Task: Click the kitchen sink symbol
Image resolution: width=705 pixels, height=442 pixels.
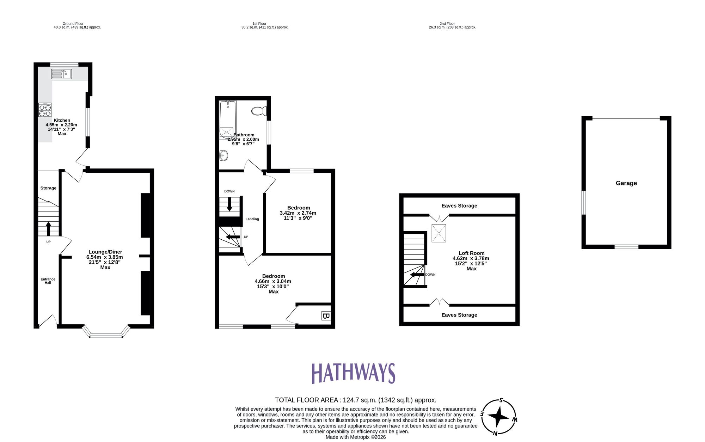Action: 61,74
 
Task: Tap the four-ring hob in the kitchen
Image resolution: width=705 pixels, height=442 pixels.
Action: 45,110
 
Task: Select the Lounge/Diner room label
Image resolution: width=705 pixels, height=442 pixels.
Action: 105,252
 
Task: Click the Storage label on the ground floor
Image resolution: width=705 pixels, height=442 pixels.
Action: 48,188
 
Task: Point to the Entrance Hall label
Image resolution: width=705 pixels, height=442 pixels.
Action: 48,281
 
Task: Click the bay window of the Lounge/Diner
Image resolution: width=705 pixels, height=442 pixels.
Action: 106,334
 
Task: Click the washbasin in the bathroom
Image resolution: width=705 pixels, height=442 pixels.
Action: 223,155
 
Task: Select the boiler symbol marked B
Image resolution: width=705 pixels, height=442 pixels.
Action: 326,316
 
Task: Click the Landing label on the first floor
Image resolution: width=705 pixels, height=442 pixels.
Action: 252,219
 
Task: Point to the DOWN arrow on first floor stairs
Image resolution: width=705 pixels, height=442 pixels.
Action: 229,204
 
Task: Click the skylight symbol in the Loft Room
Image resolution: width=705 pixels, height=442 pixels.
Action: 439,233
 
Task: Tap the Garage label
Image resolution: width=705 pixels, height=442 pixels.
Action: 626,183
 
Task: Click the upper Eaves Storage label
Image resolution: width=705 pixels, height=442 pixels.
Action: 459,206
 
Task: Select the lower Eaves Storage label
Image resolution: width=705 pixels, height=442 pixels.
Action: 459,315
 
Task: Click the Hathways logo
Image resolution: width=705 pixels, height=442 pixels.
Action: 353,373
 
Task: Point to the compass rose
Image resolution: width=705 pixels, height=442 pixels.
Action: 498,417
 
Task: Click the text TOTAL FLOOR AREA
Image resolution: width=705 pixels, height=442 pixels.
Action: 307,400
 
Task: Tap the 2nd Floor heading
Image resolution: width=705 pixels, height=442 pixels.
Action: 447,24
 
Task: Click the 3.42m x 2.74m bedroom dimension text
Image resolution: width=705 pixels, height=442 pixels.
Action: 298,213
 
